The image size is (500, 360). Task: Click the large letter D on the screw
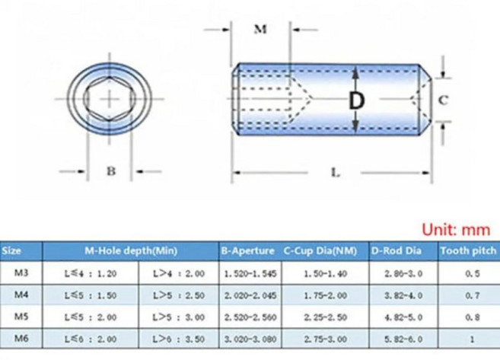pyautogui.click(x=356, y=100)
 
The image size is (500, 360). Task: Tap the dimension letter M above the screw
pyautogui.click(x=260, y=30)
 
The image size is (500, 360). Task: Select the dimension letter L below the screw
pyautogui.click(x=335, y=172)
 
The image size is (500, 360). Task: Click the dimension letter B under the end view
pyautogui.click(x=110, y=170)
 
